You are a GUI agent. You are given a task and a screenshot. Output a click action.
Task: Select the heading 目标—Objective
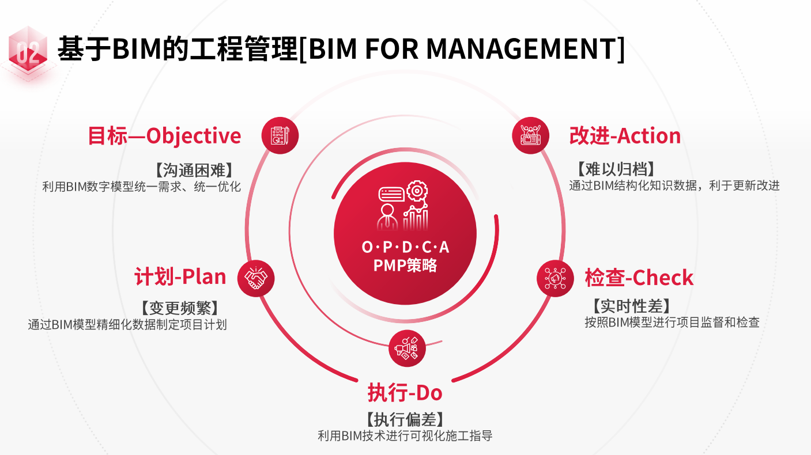(x=164, y=136)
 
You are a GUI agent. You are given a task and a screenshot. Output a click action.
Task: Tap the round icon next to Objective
(x=280, y=136)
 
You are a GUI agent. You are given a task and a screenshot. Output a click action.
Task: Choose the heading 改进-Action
(x=625, y=136)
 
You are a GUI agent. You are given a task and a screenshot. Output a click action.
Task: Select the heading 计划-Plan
(x=180, y=277)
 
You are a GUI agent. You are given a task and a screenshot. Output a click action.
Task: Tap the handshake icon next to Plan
(x=256, y=279)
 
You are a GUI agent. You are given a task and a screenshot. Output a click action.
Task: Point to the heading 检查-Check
(x=639, y=278)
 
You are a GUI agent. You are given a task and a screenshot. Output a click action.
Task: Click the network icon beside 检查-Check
(x=555, y=279)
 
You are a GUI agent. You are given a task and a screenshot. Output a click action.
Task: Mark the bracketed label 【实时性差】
(x=631, y=306)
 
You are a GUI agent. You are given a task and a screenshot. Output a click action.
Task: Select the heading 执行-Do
(x=405, y=393)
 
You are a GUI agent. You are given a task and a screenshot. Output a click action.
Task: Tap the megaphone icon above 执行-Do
(x=407, y=348)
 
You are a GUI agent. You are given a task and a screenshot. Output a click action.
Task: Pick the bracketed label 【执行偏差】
(x=405, y=419)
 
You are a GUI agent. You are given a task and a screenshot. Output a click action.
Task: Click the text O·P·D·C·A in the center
(x=405, y=247)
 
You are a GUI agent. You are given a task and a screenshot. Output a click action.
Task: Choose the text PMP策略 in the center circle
(x=405, y=266)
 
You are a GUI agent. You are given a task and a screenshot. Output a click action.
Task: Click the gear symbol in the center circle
(x=416, y=190)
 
